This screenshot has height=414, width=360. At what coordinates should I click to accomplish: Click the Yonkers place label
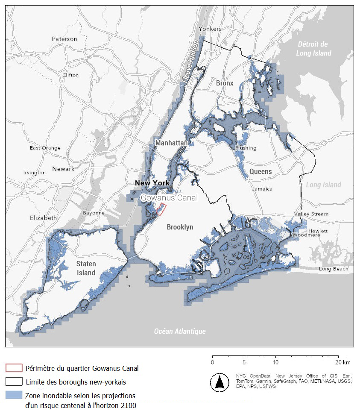tap(211, 29)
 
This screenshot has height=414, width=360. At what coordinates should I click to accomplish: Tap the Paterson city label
tap(64, 39)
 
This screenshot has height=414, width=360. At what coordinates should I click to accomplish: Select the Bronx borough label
tap(225, 83)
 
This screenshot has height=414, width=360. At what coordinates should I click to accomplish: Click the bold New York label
tap(152, 183)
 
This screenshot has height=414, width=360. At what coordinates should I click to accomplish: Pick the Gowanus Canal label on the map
tap(169, 198)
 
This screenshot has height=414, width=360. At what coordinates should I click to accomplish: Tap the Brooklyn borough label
tap(180, 227)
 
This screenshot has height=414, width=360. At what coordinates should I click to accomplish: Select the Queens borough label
tap(260, 171)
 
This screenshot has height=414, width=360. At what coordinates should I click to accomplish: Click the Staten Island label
tap(86, 268)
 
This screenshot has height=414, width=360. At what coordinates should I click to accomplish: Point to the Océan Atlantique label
tap(180, 331)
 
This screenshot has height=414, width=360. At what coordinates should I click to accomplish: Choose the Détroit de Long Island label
tap(315, 49)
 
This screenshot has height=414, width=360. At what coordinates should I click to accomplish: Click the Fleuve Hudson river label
tap(190, 62)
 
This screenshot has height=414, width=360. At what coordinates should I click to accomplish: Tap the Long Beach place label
tap(334, 269)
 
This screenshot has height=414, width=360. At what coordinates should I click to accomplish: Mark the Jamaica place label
tap(262, 188)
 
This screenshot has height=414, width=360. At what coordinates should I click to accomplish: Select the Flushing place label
tap(246, 148)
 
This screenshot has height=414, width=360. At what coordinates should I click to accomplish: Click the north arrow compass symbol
tap(220, 382)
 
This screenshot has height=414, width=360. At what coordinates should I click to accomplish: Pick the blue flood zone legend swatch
tap(13, 395)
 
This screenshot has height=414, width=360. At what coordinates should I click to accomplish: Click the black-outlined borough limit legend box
tap(13, 381)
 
